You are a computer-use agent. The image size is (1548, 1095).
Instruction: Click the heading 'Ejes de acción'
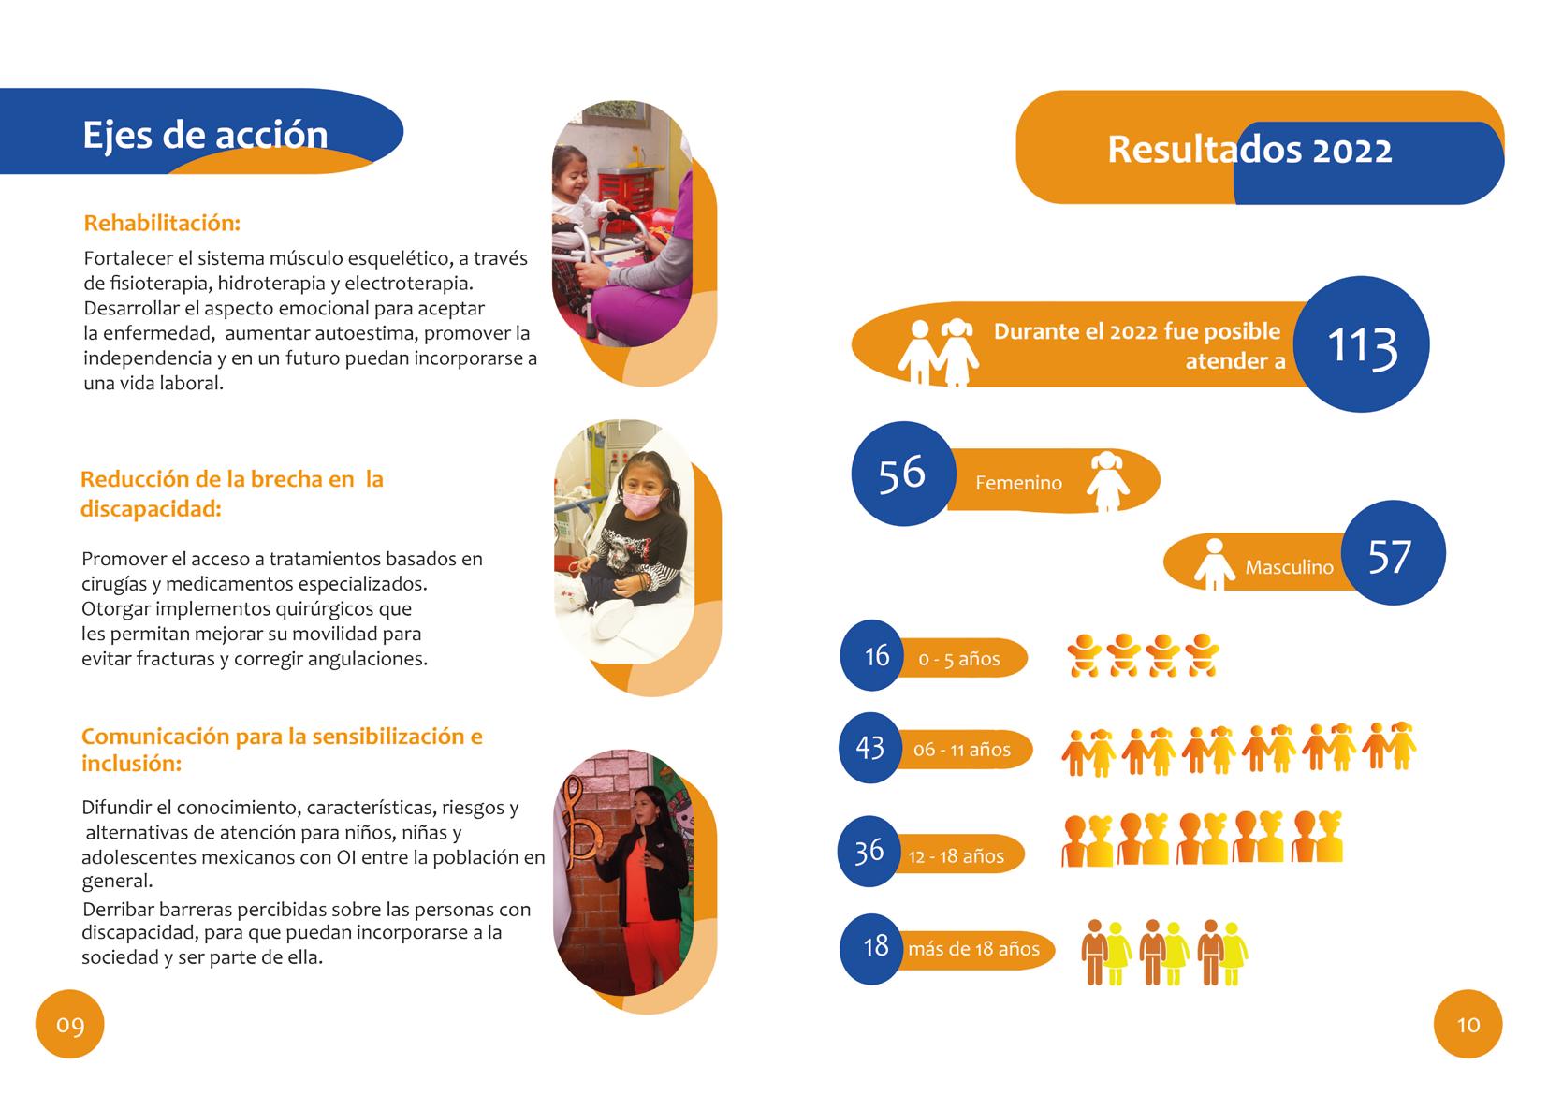click(x=205, y=135)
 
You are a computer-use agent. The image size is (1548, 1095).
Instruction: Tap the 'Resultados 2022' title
click(x=1249, y=150)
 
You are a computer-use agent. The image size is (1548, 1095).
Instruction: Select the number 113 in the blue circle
click(x=1363, y=345)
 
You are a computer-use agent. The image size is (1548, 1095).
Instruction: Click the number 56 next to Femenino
click(x=901, y=473)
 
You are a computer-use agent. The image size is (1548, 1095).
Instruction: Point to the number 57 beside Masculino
click(x=1390, y=556)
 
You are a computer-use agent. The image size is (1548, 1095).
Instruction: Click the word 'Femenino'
click(x=1018, y=483)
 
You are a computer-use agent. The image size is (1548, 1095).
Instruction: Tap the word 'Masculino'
click(x=1289, y=567)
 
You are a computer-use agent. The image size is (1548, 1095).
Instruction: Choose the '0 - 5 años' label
click(x=959, y=659)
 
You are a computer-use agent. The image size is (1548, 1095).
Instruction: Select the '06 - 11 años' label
click(x=962, y=750)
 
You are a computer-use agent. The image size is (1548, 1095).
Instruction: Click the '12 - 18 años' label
click(x=956, y=856)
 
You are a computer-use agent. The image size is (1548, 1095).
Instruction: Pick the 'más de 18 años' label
click(x=973, y=949)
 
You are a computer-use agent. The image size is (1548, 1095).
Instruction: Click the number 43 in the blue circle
click(x=870, y=748)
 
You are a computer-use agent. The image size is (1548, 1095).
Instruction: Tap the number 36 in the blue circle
click(x=869, y=851)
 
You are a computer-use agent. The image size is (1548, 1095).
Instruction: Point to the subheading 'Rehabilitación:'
click(x=162, y=224)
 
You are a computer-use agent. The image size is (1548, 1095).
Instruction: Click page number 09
click(x=70, y=1025)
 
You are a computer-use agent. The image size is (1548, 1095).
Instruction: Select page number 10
click(x=1468, y=1025)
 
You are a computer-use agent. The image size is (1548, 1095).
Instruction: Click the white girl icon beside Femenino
click(x=1108, y=481)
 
